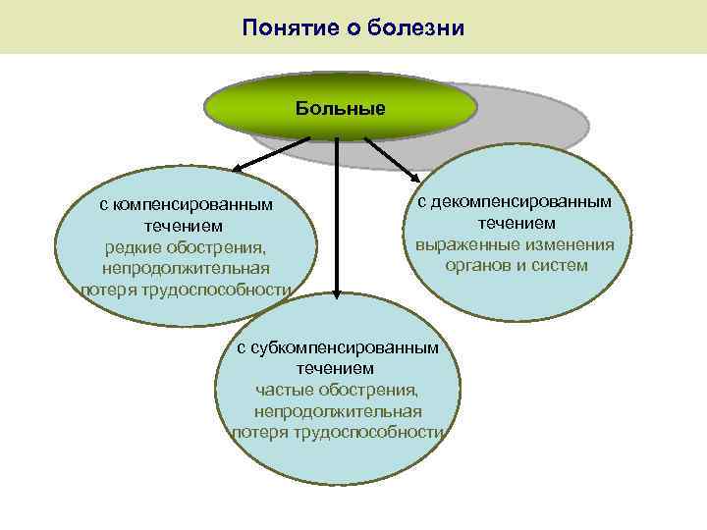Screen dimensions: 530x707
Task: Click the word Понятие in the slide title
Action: click(284, 26)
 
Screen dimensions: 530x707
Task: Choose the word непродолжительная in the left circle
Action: click(185, 268)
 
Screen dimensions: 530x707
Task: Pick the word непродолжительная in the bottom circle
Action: click(338, 410)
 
